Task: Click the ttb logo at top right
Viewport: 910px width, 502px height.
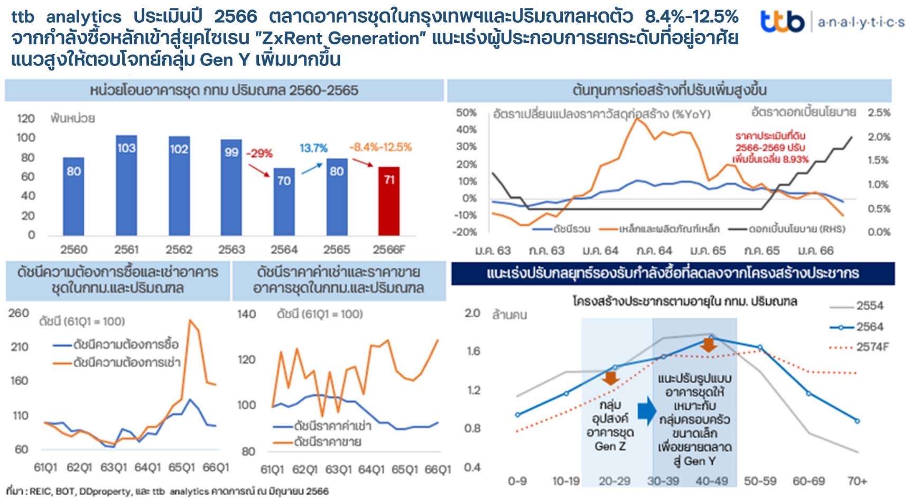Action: point(782,22)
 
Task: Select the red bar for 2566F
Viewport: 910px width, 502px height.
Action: point(389,201)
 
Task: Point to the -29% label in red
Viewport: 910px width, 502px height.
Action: point(259,154)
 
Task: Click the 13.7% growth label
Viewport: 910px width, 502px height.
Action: point(313,148)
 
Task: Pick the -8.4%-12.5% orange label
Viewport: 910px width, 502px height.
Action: point(380,147)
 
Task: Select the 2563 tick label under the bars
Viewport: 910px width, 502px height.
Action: point(231,249)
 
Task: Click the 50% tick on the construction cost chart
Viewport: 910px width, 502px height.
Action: point(466,113)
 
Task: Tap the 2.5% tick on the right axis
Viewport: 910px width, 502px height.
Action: point(879,113)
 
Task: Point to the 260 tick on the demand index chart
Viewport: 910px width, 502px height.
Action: point(18,313)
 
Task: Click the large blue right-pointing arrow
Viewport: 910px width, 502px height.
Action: point(646,411)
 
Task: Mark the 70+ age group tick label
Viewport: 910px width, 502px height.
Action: point(857,481)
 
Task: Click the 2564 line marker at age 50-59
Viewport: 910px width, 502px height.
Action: point(760,347)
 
